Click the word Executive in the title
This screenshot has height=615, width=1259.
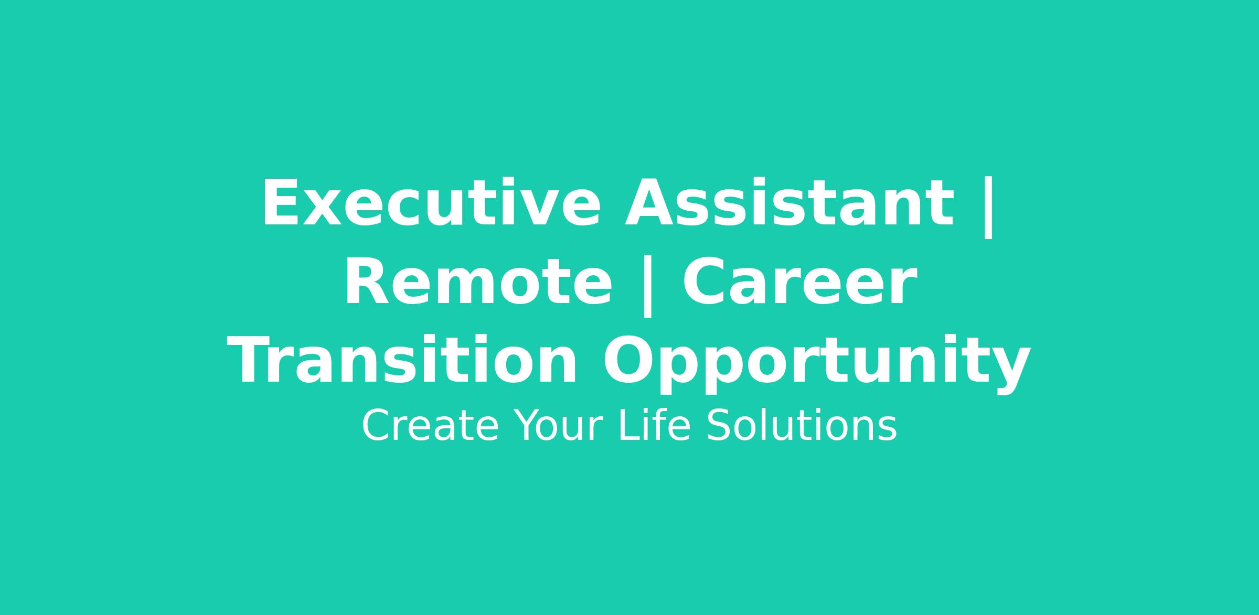(431, 203)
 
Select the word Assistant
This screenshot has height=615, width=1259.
(788, 203)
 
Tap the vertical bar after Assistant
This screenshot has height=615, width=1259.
(988, 208)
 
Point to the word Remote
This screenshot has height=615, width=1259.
(477, 282)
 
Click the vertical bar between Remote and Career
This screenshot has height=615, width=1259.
(647, 286)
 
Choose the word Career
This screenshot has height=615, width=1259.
(799, 282)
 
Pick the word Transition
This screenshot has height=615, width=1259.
(402, 361)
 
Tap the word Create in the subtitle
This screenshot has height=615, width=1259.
(430, 426)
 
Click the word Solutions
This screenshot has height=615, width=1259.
(802, 425)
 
